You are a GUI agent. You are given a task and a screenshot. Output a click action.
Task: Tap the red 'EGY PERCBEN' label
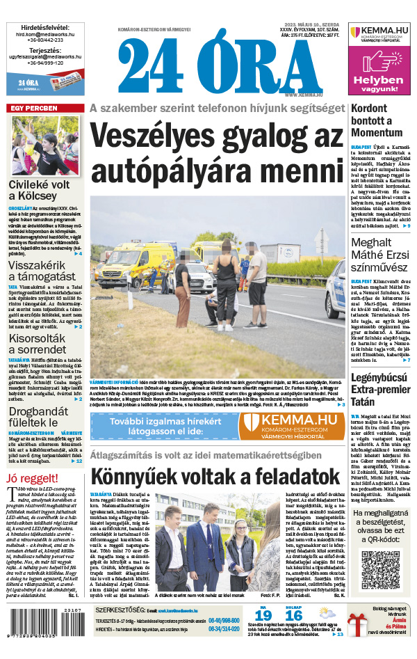[33, 109]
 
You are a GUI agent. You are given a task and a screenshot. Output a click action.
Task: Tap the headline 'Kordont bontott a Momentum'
[376, 120]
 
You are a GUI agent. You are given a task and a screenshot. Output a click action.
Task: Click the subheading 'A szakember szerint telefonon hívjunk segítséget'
[217, 109]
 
